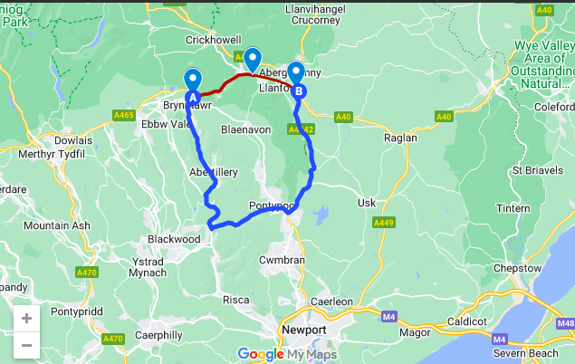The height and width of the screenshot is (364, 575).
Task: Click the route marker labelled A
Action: point(192,97)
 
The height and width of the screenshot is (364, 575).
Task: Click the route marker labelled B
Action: point(299,90)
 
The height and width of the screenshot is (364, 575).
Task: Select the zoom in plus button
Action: point(26,319)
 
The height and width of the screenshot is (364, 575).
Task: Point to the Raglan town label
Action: point(400,138)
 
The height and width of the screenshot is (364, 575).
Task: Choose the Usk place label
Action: point(367,202)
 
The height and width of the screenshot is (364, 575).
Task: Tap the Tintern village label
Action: point(513,208)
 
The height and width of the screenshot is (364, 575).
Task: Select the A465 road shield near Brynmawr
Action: point(124,115)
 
